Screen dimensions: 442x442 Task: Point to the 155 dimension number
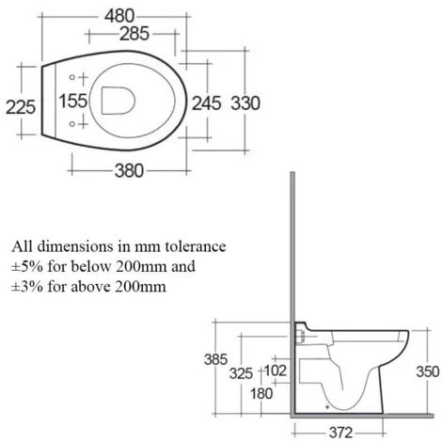(73, 101)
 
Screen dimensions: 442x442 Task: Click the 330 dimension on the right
(245, 102)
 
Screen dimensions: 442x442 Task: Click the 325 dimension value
(242, 373)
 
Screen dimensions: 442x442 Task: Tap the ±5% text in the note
(26, 267)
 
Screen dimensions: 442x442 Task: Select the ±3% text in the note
(26, 288)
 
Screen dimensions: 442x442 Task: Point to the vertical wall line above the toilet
(295, 245)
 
